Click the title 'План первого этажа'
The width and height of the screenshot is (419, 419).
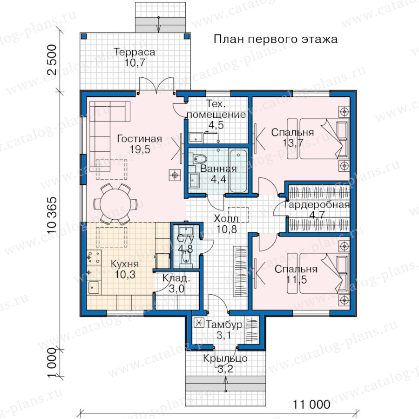276,39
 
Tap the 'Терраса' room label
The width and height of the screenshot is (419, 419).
135,52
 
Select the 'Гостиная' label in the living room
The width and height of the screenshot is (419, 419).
140,139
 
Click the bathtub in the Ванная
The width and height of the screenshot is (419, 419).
238,171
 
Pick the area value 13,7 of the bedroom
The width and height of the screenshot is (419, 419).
293,143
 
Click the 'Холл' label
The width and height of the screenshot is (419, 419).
226,219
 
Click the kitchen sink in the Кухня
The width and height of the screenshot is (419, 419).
94,288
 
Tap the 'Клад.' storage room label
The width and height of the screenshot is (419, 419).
176,278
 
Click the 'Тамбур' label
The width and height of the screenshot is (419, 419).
224,324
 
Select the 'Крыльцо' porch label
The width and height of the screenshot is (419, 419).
225,358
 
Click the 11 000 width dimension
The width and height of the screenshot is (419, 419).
311,405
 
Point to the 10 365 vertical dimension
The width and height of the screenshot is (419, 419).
52,216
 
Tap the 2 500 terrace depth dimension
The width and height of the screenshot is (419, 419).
52,60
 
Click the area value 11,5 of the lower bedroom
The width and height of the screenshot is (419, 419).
297,280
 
